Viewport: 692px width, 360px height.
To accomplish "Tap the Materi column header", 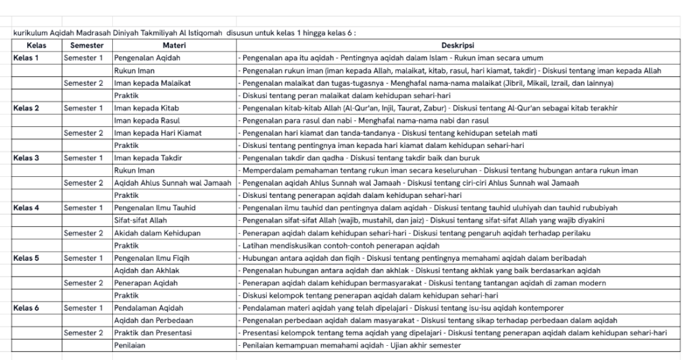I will pos(174,45).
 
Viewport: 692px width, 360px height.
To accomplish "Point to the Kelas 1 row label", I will pos(26,58).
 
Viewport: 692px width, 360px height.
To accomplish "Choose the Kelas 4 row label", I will pos(26,208).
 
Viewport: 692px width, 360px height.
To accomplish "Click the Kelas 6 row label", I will pos(26,308).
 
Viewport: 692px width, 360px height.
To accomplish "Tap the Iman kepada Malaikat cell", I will pos(152,83).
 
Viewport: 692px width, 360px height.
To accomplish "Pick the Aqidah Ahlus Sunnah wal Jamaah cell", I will pos(172,183).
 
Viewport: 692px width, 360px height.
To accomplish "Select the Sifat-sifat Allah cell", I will pos(142,220).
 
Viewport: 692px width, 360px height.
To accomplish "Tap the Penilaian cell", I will pos(130,346).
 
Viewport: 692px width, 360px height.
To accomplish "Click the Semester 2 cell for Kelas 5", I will pos(84,283).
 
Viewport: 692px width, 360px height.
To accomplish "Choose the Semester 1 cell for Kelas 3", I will pos(84,158).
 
